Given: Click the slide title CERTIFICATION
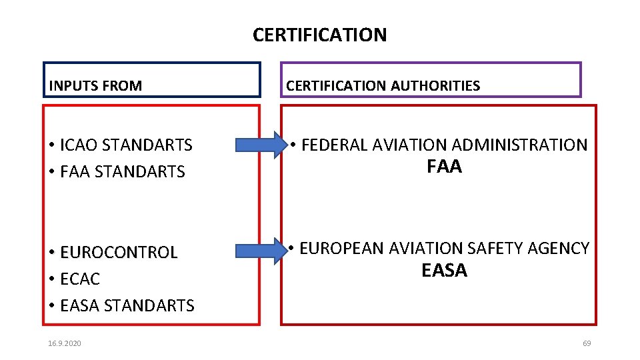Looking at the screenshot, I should pyautogui.click(x=319, y=35).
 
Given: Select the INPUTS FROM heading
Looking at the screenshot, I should pyautogui.click(x=95, y=85).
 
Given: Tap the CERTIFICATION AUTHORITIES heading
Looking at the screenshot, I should pyautogui.click(x=383, y=85).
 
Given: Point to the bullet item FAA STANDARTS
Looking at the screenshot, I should pyautogui.click(x=122, y=171).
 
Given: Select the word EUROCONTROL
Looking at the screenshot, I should pyautogui.click(x=119, y=252).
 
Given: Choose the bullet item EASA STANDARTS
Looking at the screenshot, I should pyautogui.click(x=127, y=305).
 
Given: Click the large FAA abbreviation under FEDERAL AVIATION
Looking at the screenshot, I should pyautogui.click(x=444, y=167).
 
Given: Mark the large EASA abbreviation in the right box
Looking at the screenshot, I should pyautogui.click(x=444, y=271).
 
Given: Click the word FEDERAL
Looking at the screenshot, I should pyautogui.click(x=335, y=145).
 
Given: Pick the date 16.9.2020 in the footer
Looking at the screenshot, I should pyautogui.click(x=65, y=343).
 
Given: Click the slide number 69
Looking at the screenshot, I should pyautogui.click(x=587, y=343).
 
